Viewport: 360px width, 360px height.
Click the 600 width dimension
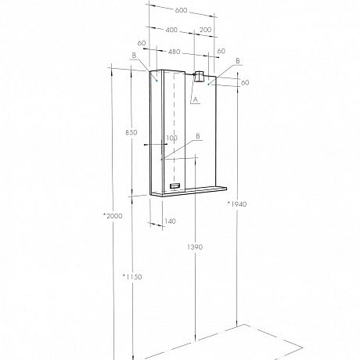pos(181,10)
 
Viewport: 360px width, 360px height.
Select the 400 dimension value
pos(171,30)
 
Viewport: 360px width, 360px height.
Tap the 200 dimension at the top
pos(205,30)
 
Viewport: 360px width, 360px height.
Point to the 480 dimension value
pos(174,52)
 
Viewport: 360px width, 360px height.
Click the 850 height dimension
pos(131,132)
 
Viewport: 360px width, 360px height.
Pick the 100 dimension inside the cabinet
pos(171,138)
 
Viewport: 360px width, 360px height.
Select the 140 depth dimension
pos(170,221)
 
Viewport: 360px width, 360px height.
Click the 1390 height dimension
pos(195,247)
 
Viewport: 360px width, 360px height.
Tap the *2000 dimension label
pos(113,216)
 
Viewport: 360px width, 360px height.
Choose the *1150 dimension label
pos(132,276)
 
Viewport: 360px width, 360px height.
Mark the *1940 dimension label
pos(237,204)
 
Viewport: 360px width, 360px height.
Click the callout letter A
pos(196,99)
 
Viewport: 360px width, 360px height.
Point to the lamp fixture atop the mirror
pos(199,76)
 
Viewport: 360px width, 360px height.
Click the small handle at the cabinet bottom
pos(175,186)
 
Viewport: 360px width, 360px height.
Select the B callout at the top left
pos(134,56)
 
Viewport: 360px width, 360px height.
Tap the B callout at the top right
pos(238,61)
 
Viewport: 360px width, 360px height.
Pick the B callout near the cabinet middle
pos(198,136)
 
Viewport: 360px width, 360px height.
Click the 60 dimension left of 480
pos(142,43)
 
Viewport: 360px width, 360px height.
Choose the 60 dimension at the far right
pos(245,83)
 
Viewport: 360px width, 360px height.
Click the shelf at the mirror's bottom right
pos(206,189)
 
